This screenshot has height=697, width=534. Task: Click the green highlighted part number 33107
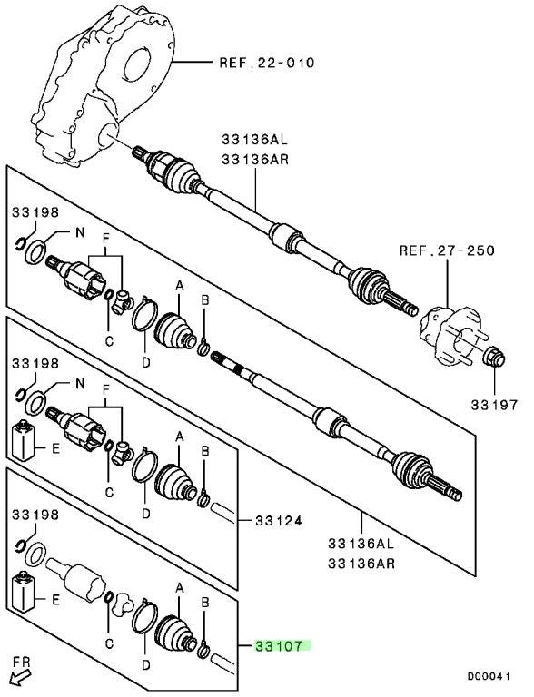(279, 646)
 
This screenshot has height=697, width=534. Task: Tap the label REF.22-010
(267, 63)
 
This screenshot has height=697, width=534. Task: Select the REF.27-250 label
(447, 250)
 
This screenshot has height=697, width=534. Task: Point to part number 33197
(494, 405)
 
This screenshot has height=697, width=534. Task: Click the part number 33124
(279, 520)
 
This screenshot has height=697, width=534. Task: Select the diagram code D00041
(489, 676)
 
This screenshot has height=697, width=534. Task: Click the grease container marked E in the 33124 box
(23, 439)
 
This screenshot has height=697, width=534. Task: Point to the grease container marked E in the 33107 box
(23, 591)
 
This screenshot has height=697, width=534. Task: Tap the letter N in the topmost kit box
(80, 232)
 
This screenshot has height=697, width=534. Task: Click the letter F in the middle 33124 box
(105, 390)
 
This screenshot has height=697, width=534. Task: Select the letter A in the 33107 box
(179, 588)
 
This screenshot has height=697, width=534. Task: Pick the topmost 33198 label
(35, 212)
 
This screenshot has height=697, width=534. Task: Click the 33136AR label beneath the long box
(361, 564)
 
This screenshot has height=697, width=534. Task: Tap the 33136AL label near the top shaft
(255, 140)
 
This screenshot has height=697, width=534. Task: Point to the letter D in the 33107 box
(145, 665)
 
